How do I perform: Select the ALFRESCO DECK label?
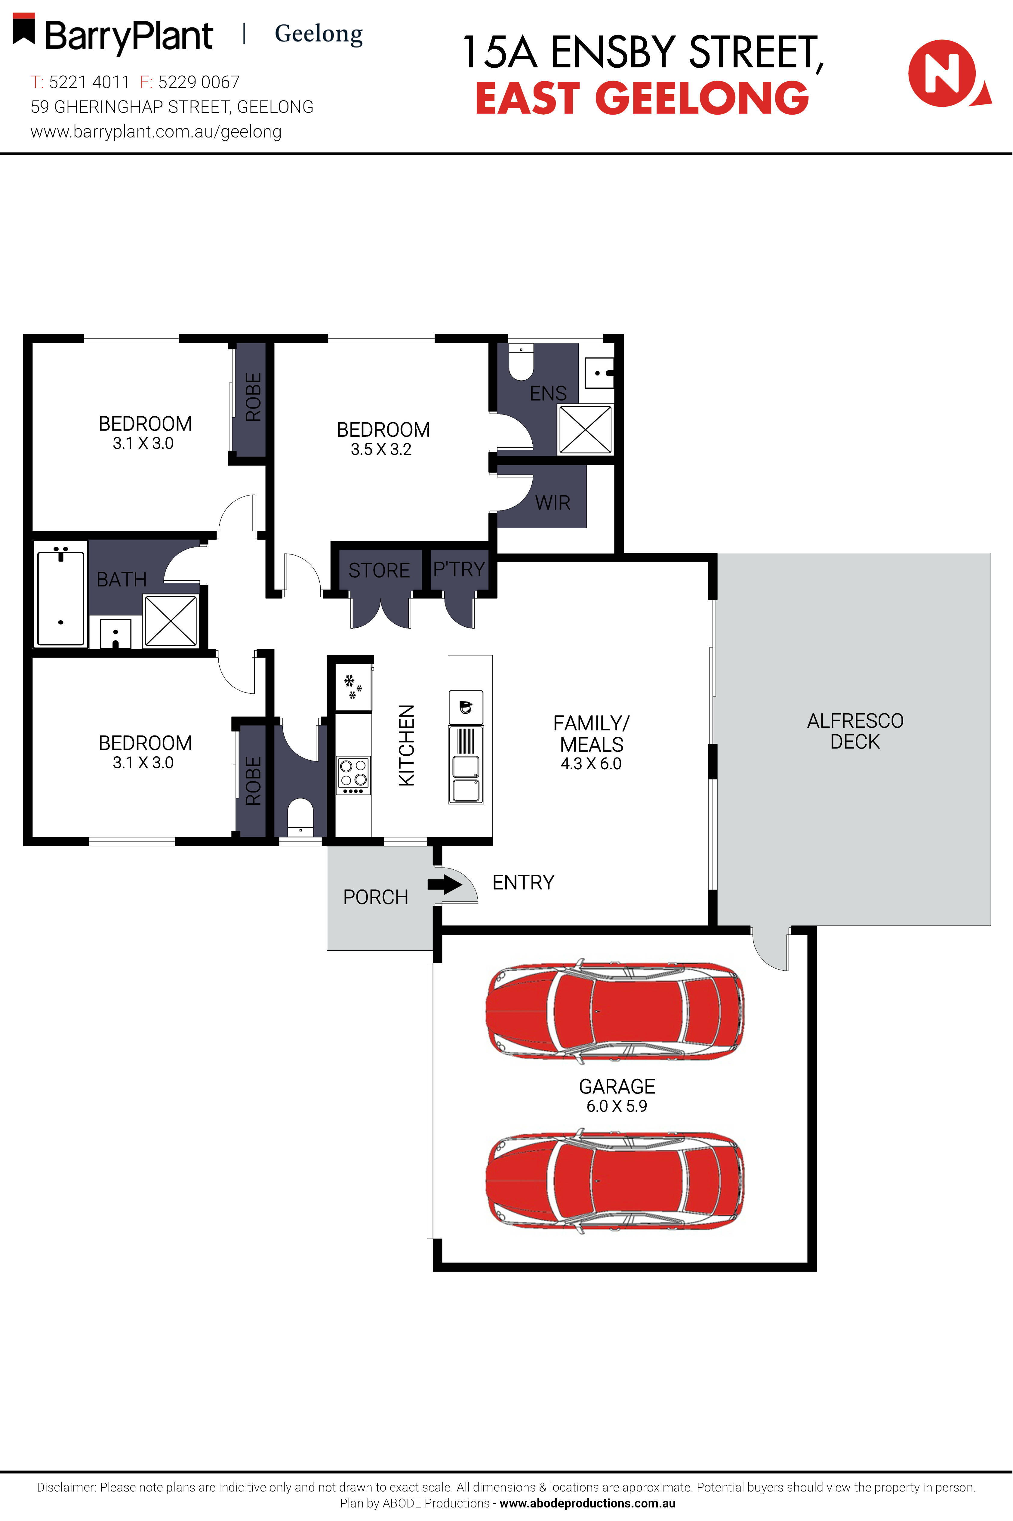pos(855,731)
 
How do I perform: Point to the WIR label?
pos(553,503)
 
